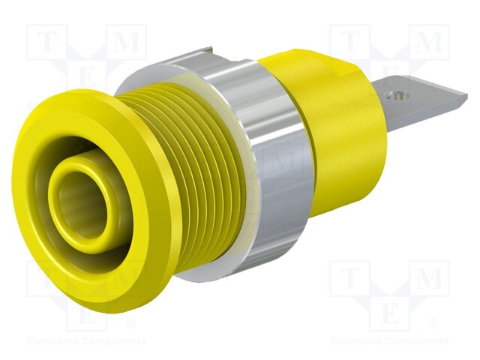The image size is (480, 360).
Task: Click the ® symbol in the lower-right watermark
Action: (433, 324)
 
